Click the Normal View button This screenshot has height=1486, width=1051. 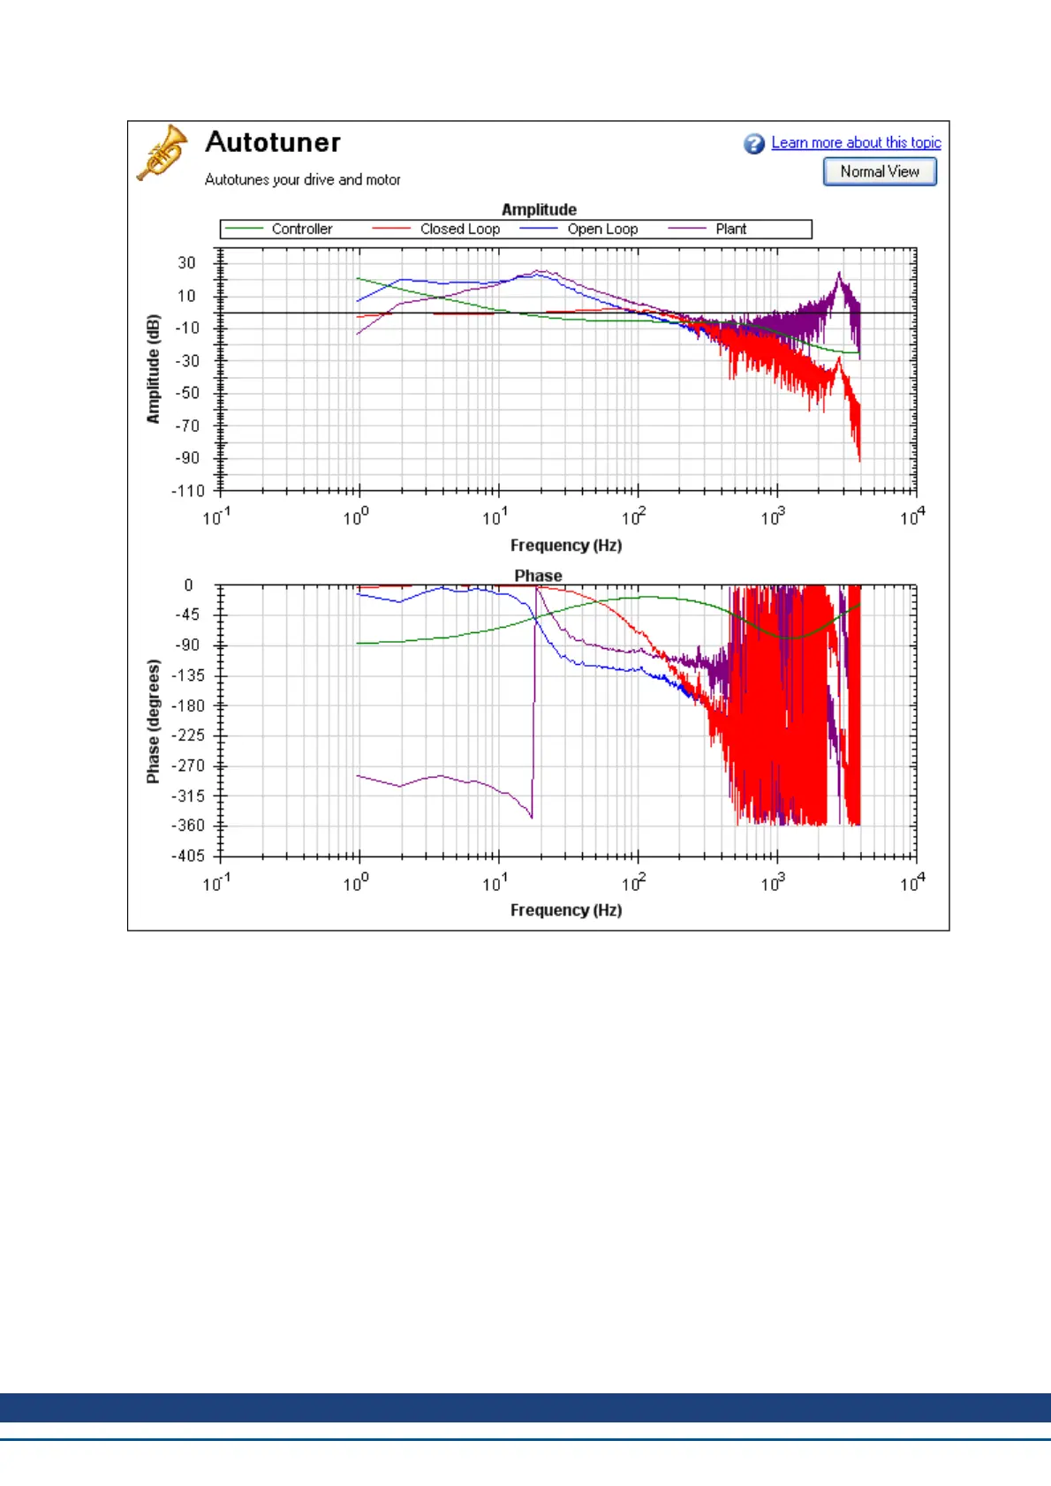point(880,171)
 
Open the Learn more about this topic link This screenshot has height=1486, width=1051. point(856,143)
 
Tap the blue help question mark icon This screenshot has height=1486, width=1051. point(753,144)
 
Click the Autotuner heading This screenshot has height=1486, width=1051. point(273,142)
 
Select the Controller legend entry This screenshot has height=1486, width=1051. point(301,229)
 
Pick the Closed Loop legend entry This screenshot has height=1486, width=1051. point(459,229)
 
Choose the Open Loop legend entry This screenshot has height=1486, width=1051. point(602,229)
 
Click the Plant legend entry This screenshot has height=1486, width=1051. point(730,229)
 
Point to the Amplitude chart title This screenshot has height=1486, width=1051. point(539,209)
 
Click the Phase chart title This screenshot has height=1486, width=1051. point(538,576)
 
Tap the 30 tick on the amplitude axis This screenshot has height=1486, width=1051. point(186,263)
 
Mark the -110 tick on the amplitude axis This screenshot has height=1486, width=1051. point(187,491)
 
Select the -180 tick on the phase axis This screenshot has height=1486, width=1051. point(187,705)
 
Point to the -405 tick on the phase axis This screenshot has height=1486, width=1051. point(187,856)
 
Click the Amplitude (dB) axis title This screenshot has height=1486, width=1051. point(154,369)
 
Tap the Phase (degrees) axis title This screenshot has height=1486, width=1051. point(154,721)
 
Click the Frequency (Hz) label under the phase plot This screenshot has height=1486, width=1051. point(566,910)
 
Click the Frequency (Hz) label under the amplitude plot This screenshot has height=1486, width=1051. point(566,546)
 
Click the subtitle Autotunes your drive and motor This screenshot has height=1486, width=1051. point(303,180)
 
